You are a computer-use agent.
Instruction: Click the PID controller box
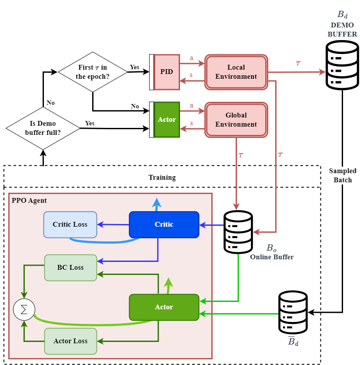(167, 72)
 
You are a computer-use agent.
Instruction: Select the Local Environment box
(236, 72)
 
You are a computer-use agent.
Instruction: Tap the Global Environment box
(236, 120)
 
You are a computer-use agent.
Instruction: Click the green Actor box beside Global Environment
(167, 120)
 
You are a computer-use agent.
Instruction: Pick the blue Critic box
(164, 224)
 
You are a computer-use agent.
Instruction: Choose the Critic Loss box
(70, 224)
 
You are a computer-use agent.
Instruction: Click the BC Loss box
(70, 268)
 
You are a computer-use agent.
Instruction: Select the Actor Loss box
(70, 341)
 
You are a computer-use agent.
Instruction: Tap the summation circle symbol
(24, 309)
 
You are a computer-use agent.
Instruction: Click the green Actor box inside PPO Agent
(164, 307)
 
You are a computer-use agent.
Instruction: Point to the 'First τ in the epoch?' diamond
(93, 72)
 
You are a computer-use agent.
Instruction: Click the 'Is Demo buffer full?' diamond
(43, 128)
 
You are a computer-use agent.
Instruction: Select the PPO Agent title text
(29, 201)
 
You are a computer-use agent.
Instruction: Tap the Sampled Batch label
(343, 175)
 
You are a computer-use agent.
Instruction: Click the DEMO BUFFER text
(343, 30)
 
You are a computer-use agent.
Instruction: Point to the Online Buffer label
(272, 257)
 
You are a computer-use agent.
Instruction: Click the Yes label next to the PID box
(135, 67)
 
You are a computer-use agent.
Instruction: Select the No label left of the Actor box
(135, 106)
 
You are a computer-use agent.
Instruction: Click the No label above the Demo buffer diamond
(51, 103)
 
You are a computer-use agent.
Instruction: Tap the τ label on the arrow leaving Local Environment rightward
(298, 63)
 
